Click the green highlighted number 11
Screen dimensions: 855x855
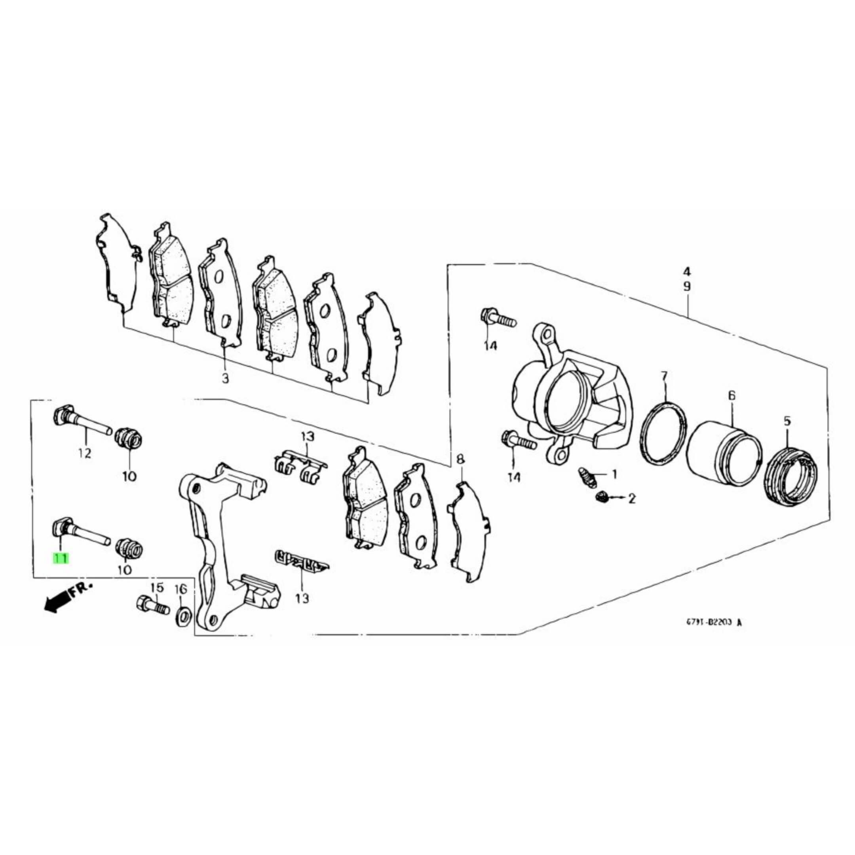coord(61,559)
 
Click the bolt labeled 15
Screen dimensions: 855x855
coord(153,604)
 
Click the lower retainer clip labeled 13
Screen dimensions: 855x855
coord(300,564)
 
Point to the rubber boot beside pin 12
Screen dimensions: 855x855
coord(127,438)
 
